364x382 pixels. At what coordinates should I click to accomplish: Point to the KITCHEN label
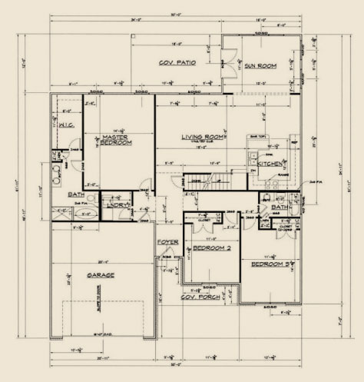coord(269,164)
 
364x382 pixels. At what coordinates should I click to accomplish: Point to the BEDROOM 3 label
coord(268,264)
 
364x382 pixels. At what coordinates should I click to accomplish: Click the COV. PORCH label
coord(198,296)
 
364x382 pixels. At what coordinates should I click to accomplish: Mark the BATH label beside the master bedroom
coord(75,194)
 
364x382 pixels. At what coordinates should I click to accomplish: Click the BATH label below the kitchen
coord(279,208)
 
